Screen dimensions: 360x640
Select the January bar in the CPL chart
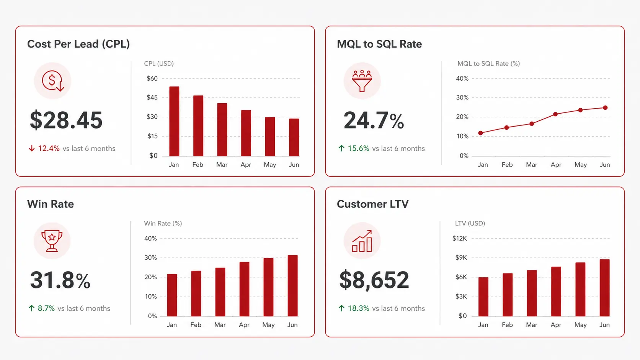(x=174, y=121)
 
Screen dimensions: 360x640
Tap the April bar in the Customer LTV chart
(x=556, y=291)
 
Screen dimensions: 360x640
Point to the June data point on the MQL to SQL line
(x=605, y=108)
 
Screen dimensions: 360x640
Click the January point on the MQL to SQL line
(x=481, y=133)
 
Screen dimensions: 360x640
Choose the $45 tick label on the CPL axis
(x=152, y=98)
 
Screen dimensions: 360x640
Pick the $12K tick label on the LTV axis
(x=459, y=238)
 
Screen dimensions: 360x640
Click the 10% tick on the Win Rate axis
(x=150, y=296)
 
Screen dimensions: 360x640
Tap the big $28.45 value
(x=66, y=120)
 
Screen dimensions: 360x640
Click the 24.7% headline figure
(x=374, y=121)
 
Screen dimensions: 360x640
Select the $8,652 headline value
(x=374, y=280)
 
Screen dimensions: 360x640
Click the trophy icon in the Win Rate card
(x=52, y=241)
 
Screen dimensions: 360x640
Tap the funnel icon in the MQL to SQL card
(x=362, y=81)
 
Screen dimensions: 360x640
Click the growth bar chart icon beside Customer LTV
(x=362, y=241)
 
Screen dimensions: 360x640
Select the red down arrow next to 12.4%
(x=32, y=148)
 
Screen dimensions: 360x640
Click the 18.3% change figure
(x=358, y=308)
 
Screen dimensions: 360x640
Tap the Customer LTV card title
(x=372, y=204)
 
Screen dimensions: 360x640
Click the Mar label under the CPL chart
(x=222, y=165)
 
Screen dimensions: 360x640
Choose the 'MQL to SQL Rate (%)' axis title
(x=488, y=64)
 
